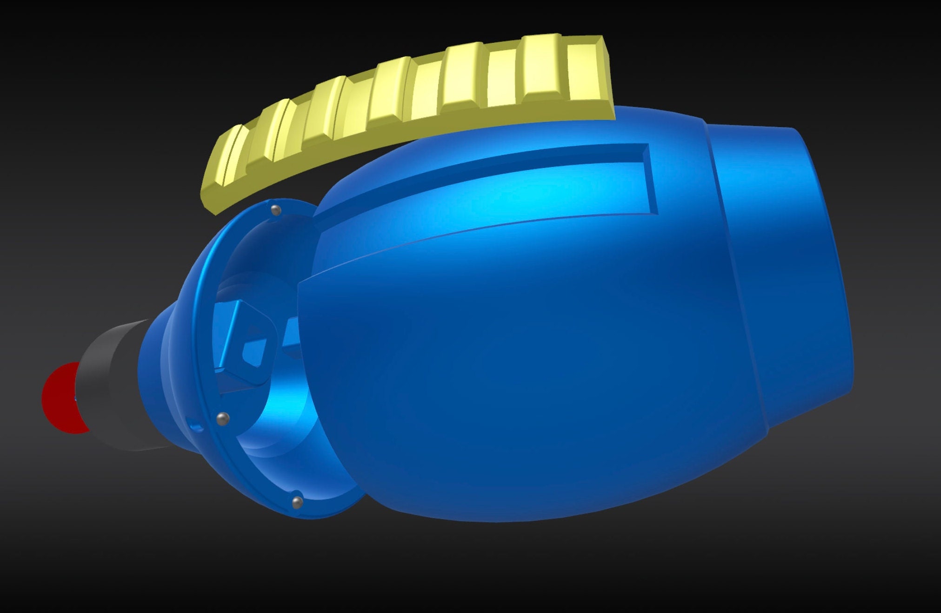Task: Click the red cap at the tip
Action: [58, 398]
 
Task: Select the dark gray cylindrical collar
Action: [112, 386]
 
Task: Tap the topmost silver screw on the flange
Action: [276, 210]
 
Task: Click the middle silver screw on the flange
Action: [223, 418]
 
